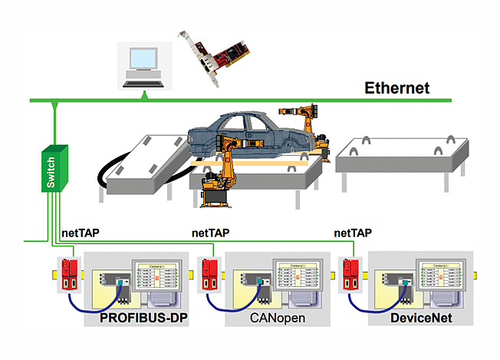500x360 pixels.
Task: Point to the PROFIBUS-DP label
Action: click(148, 316)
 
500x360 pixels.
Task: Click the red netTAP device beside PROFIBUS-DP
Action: click(70, 274)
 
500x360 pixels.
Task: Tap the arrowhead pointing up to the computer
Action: click(144, 95)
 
